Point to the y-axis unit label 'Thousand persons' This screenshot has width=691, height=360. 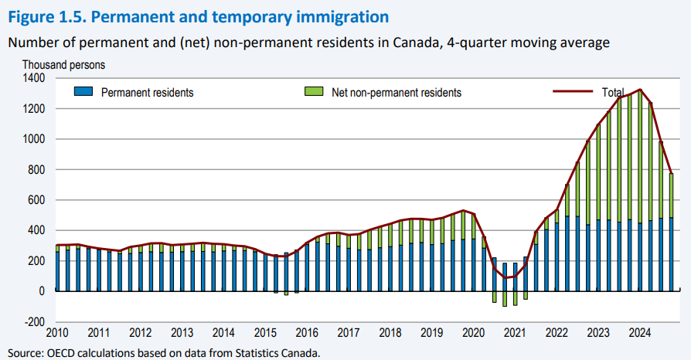[63, 65]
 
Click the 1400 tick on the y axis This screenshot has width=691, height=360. [36, 79]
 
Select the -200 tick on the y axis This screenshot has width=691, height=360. [36, 322]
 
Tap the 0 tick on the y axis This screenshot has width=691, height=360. [43, 291]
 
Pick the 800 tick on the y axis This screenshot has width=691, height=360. [37, 170]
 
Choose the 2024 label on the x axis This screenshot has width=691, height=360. [639, 334]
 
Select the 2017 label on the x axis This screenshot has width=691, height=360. [348, 334]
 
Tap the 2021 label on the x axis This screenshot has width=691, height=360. [514, 334]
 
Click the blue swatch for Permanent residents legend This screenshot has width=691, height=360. [83, 92]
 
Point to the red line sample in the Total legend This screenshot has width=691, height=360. [575, 92]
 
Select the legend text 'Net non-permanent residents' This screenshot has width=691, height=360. [396, 93]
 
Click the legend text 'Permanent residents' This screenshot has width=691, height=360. [147, 93]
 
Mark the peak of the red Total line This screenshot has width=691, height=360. [640, 90]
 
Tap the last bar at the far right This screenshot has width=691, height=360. [671, 232]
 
